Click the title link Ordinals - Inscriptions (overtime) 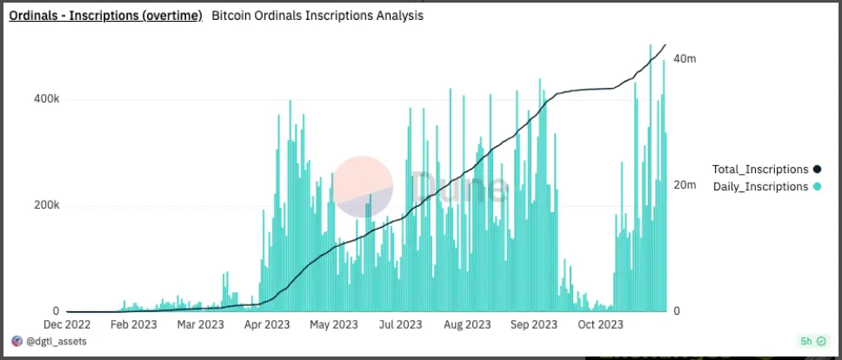105,16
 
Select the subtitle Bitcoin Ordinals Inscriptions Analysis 317,16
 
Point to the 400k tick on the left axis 47,100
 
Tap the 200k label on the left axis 47,206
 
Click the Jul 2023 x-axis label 397,325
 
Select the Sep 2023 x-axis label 531,325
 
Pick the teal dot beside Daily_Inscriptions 817,187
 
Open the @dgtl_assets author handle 54,342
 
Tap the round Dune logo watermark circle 364,186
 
